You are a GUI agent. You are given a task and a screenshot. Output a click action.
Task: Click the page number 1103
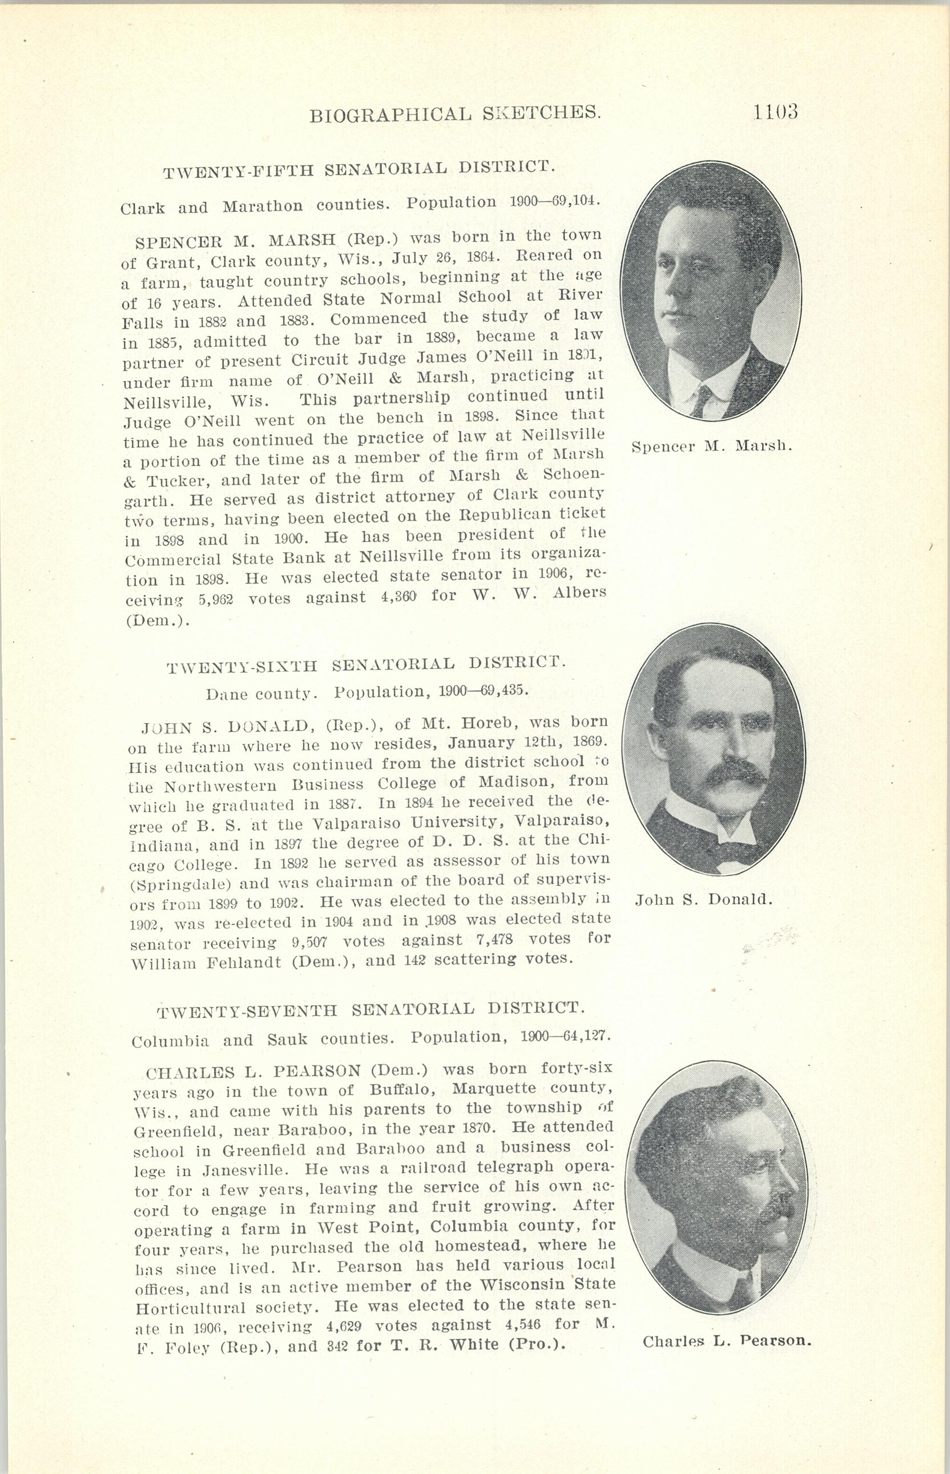point(775,112)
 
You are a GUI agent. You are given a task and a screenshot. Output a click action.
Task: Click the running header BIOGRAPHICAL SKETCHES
point(454,114)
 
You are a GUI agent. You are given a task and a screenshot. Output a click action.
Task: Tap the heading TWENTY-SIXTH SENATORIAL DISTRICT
point(366,665)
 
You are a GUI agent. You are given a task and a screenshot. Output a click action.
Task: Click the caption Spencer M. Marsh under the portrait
point(712,446)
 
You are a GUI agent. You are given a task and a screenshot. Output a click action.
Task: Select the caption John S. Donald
point(704,899)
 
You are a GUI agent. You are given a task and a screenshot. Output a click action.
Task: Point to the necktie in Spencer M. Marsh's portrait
point(702,400)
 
